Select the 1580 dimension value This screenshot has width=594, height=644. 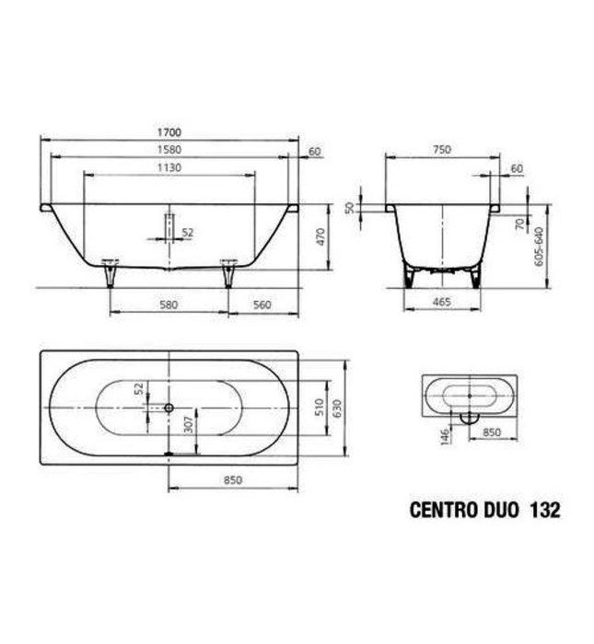(x=169, y=150)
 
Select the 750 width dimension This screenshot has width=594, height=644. (x=442, y=150)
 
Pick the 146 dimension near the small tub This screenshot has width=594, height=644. (x=444, y=433)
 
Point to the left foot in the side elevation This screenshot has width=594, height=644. (x=111, y=272)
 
